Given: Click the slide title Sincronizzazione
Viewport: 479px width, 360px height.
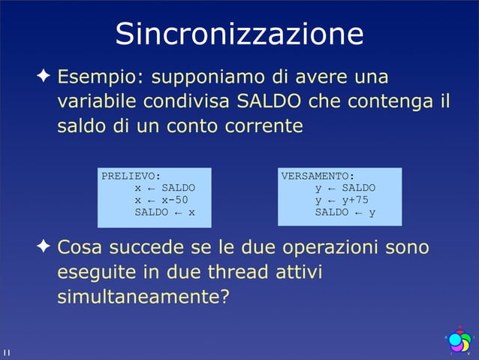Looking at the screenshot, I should (239, 34).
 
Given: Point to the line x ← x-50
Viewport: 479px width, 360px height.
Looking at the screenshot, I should (161, 200).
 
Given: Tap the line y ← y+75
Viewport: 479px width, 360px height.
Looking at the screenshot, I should (342, 200).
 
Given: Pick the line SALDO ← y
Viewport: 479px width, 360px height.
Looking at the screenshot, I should (345, 212).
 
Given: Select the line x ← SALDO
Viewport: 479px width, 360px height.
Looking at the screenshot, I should (164, 188).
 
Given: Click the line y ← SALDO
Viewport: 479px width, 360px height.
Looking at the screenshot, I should (345, 188).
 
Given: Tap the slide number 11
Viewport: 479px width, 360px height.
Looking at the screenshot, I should (6, 352).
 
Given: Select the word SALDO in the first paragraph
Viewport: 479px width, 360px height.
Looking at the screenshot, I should (270, 101).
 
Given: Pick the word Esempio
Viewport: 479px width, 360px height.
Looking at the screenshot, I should (100, 77).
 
